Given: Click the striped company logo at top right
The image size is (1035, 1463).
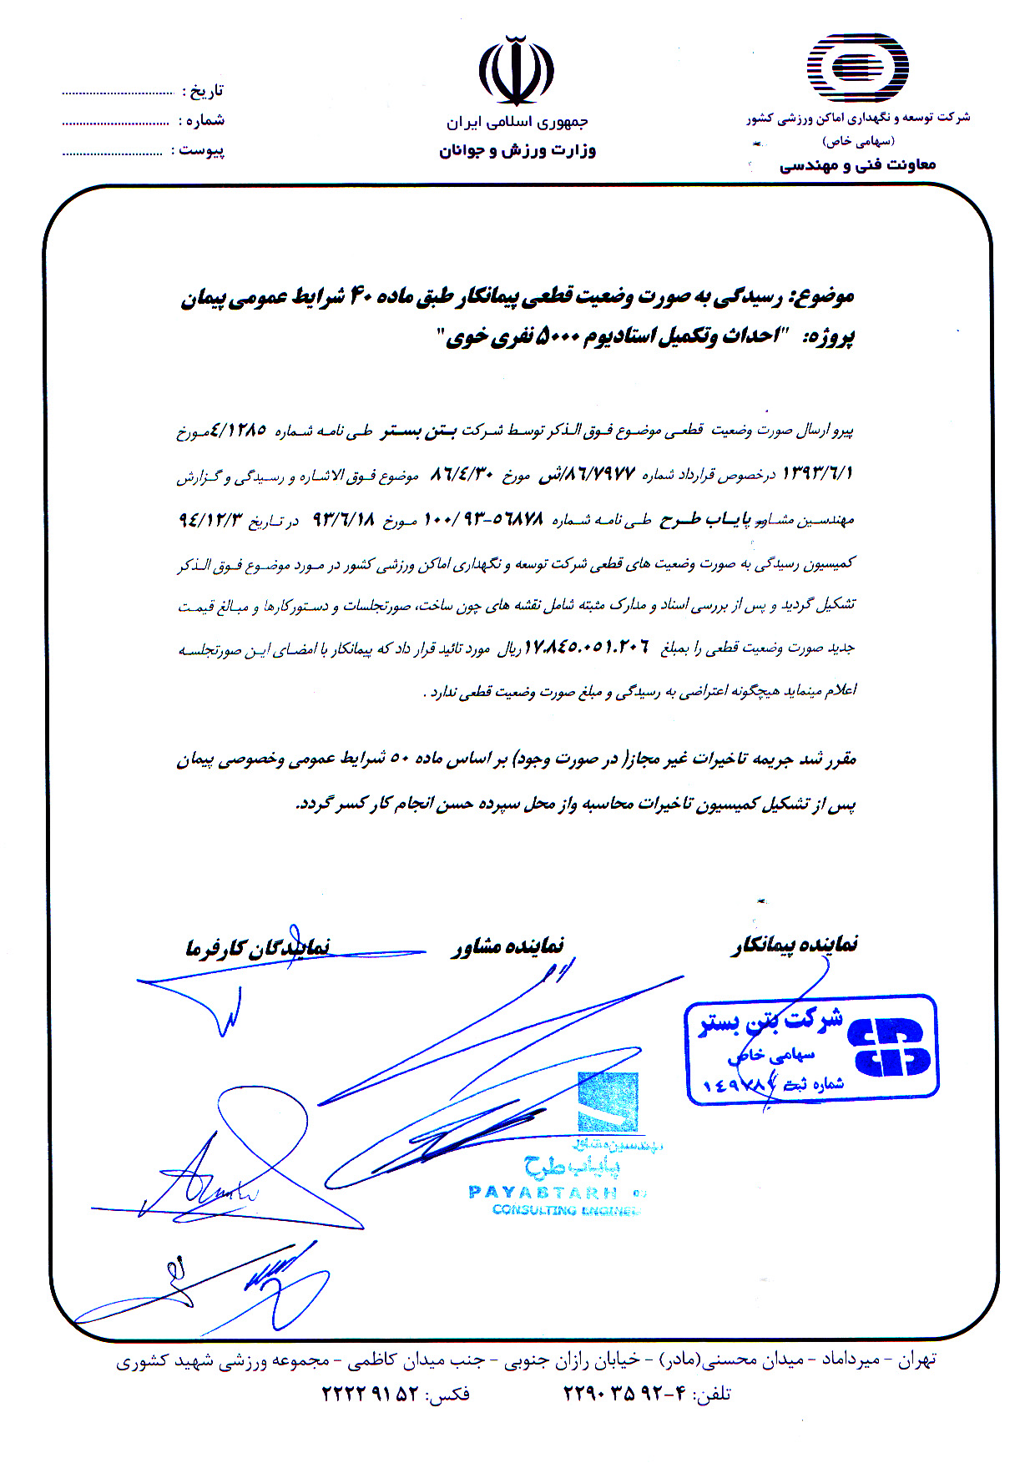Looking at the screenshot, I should point(856,68).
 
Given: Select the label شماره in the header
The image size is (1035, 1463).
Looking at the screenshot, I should point(202,121).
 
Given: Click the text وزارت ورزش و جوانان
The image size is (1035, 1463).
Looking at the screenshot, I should point(517,151).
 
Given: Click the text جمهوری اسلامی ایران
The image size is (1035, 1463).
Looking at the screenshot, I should point(517,122).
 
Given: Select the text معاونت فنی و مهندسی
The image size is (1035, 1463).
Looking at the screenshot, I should point(858,165).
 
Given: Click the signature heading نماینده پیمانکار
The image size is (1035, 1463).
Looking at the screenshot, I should point(795,945).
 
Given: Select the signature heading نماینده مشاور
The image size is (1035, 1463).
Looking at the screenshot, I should point(508,946).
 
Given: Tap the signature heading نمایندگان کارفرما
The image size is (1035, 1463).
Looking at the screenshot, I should point(257,947).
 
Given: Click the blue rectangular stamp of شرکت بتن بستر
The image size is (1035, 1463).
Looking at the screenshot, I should point(811,1049).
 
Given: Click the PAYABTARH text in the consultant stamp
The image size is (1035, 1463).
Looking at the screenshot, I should point(543,1192).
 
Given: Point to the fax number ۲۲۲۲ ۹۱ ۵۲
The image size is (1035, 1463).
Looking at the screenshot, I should point(370,1393).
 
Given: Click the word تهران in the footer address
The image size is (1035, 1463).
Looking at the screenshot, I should point(917,1360).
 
